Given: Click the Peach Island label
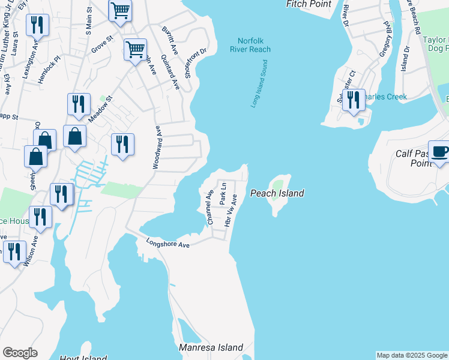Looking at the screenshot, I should [x=277, y=193].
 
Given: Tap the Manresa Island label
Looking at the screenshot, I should [x=211, y=347].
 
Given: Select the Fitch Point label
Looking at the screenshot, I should [x=309, y=4].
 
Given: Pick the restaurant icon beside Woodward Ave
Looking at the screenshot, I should [x=122, y=144].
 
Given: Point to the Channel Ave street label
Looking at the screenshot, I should [x=209, y=208].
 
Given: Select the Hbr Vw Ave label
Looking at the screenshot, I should [x=231, y=210].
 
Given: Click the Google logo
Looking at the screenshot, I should [x=20, y=353].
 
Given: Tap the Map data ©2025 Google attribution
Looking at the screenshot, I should [x=411, y=355].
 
